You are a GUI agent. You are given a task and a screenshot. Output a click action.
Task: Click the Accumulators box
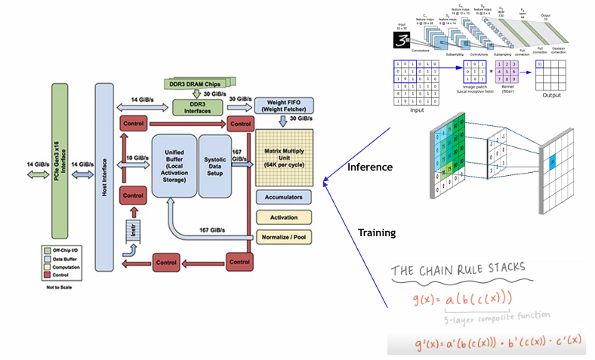click(x=285, y=197)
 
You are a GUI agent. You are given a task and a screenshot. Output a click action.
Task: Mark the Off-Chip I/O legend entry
click(x=57, y=248)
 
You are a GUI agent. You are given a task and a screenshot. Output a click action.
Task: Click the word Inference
click(x=369, y=167)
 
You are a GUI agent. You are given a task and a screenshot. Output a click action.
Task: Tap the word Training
click(x=376, y=233)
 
